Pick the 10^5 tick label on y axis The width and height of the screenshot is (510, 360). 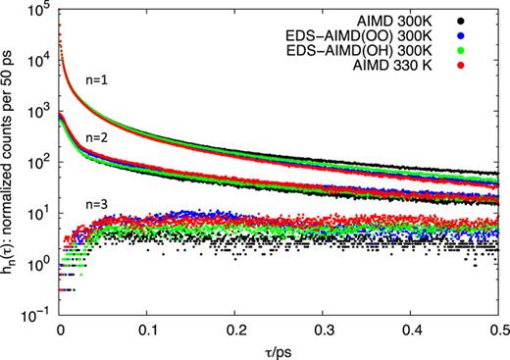point(39,9)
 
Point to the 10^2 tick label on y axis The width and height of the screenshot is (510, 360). point(39,162)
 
